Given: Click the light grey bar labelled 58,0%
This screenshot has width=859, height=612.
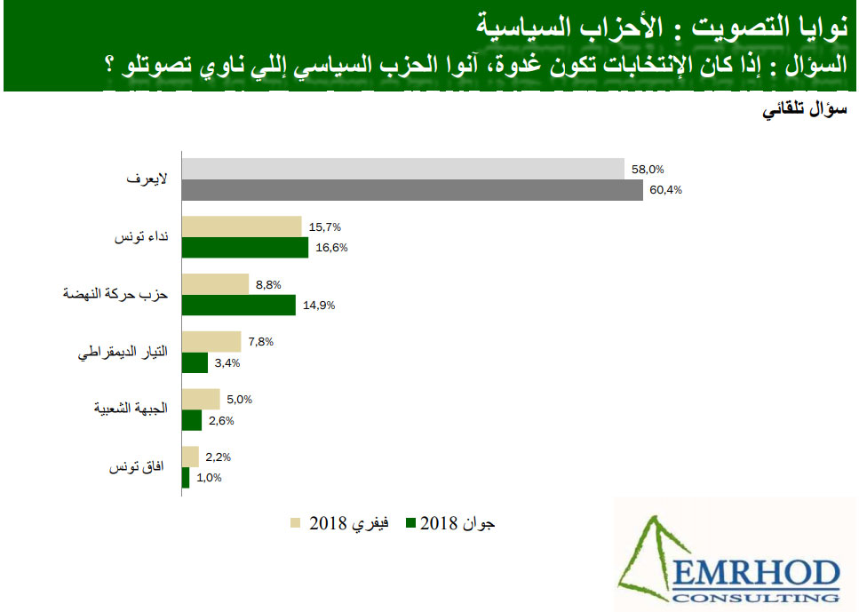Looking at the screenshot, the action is click(403, 169).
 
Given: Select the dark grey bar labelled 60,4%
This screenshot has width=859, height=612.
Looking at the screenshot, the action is click(412, 190).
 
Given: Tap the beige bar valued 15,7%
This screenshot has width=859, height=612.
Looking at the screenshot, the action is click(243, 227).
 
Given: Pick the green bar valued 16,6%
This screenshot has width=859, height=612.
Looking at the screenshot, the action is click(245, 248).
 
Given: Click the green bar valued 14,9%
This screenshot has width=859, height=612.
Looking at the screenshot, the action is click(239, 306).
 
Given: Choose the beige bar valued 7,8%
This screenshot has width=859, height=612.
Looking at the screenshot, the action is click(211, 341).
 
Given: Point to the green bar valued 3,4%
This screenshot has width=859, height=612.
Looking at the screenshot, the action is click(195, 362).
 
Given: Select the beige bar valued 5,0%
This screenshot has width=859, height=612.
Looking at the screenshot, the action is click(201, 399).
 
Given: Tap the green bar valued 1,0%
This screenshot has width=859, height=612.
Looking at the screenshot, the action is click(186, 478).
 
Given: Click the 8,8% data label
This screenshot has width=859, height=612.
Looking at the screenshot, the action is click(268, 285).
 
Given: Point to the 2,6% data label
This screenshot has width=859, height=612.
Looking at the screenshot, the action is click(221, 421).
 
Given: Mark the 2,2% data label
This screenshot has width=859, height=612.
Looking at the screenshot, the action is click(218, 457).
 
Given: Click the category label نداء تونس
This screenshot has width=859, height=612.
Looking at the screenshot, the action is click(141, 236).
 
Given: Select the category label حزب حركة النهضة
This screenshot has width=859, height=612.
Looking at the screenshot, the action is click(115, 294).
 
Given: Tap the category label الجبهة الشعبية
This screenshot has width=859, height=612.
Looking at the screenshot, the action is click(131, 409).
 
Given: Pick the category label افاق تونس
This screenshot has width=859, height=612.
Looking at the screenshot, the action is click(137, 467).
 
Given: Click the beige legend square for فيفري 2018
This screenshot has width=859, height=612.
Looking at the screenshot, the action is click(295, 522).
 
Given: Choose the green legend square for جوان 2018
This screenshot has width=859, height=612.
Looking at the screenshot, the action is click(411, 522).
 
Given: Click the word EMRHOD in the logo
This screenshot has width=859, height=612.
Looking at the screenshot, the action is click(757, 574).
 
